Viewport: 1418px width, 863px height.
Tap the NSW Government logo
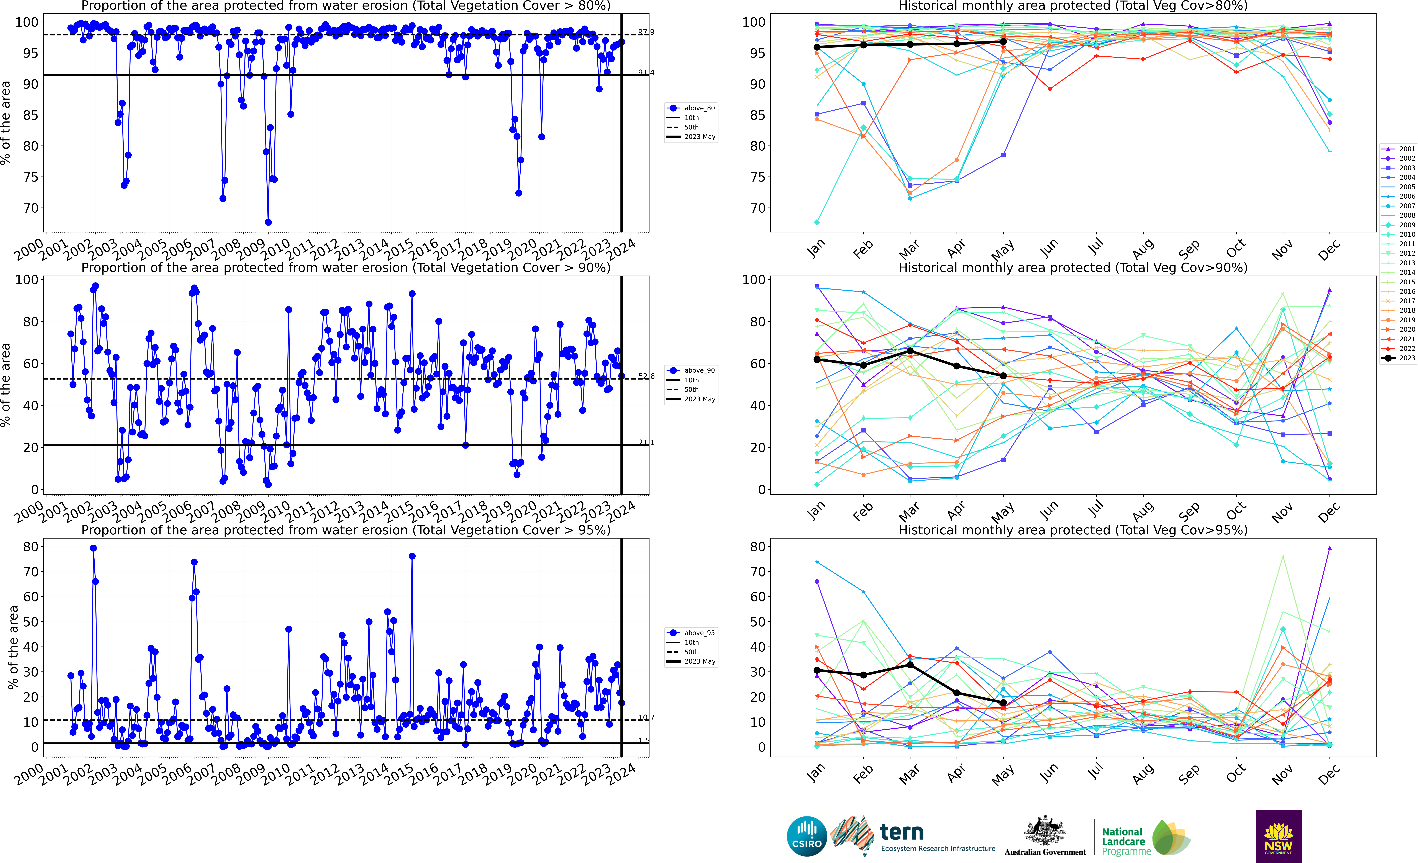tap(1278, 836)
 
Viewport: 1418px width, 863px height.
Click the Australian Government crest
tap(1044, 831)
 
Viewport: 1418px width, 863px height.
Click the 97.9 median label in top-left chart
tap(646, 32)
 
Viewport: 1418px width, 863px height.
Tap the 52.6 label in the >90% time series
tap(646, 376)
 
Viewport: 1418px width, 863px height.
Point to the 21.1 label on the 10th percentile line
tap(646, 442)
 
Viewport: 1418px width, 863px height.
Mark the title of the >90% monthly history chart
tap(1073, 268)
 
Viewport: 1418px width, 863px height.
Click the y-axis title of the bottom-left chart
tap(13, 647)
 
